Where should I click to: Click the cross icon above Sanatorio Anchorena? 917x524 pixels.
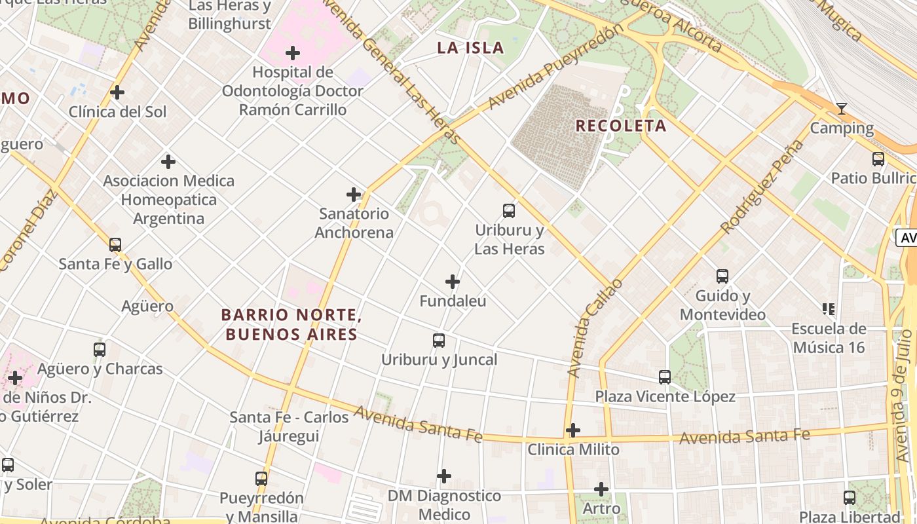coord(354,195)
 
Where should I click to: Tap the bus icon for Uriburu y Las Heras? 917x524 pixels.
coord(509,211)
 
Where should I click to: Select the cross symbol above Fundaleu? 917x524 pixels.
coord(453,282)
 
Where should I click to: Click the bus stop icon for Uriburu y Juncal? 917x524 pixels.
coord(439,341)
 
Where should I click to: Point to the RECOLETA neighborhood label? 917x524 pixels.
coord(621,126)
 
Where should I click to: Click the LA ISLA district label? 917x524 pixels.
coord(471,48)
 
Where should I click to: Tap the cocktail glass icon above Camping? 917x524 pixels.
coord(842,109)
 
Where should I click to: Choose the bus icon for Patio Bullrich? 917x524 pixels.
coord(878,159)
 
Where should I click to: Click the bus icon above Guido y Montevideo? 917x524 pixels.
coord(722,276)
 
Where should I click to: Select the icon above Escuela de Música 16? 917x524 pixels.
coord(829,309)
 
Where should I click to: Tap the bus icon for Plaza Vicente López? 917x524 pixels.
coord(665,377)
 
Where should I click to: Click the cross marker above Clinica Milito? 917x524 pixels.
coord(573,430)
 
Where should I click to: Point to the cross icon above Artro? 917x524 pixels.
coord(601,489)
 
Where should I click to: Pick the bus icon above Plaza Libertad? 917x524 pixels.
coord(850,498)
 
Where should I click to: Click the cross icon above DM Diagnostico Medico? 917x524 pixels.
coord(444,476)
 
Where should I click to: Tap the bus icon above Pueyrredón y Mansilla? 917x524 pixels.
coord(261,479)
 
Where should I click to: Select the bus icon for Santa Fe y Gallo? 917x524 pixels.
coord(115,245)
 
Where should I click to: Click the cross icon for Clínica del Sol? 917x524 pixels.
coord(117,92)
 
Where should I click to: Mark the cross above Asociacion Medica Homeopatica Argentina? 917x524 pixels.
coord(168,161)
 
